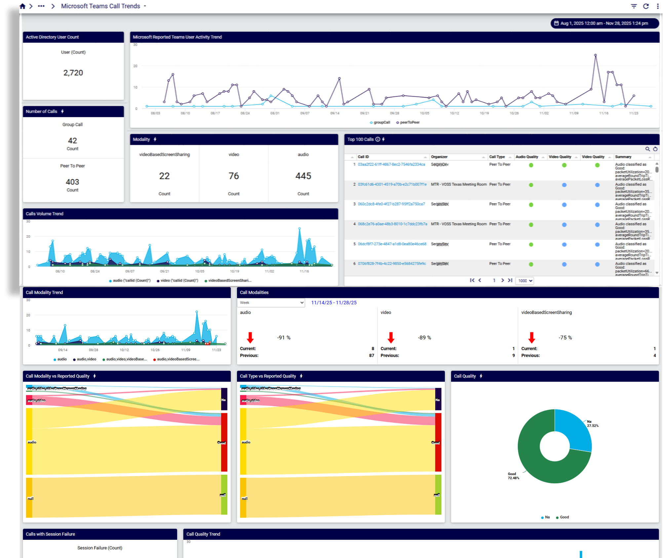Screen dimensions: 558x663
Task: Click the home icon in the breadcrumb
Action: coord(22,6)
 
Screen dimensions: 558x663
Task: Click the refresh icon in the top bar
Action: coord(646,6)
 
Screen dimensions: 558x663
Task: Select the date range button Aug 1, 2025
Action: coord(604,23)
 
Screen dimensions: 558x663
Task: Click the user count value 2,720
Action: coord(73,73)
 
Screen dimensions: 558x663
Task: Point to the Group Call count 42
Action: coord(72,141)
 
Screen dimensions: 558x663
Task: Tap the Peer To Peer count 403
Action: coord(72,182)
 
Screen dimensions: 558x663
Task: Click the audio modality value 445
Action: coord(303,176)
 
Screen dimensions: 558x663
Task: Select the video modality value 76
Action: coord(234,176)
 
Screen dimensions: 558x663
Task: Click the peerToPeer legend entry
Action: coord(409,123)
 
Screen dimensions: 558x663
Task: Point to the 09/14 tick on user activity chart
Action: coord(334,113)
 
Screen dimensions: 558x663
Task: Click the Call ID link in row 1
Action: coord(391,165)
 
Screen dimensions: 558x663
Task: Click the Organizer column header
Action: coord(439,157)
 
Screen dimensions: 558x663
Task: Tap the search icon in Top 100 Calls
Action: coord(647,149)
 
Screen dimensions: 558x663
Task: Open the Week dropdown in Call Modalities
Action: coord(271,303)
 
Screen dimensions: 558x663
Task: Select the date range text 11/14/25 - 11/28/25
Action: coord(334,303)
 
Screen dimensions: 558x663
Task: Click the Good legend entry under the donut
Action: coord(563,517)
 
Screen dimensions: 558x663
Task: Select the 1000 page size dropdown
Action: coord(525,281)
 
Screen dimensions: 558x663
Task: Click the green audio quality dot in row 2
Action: coord(531,185)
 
